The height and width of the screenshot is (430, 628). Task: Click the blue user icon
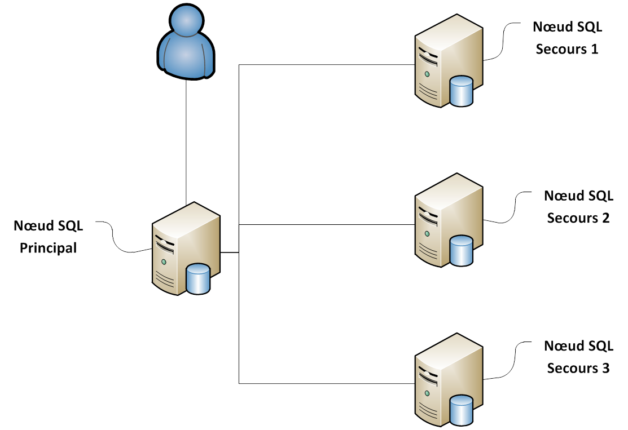186,44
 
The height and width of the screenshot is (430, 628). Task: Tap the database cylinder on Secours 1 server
461,91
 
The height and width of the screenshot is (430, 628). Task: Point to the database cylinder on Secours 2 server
461,251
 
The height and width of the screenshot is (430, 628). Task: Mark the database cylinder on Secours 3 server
461,410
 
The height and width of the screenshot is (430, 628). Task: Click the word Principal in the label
49,247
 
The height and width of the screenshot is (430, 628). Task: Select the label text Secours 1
567,49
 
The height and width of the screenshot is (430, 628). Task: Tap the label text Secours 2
578,218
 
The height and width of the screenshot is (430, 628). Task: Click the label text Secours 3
578,369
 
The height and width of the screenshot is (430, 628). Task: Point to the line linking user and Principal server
186,141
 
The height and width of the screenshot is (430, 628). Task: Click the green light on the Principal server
164,261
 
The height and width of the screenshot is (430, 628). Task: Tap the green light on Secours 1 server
427,74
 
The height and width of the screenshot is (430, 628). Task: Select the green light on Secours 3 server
427,393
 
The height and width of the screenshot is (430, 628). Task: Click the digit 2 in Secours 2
605,218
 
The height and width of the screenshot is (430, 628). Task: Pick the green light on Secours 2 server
427,233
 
